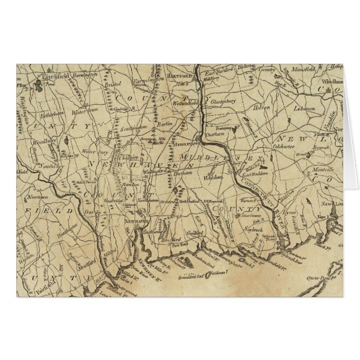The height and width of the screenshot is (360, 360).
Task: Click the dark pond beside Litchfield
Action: click(37, 86)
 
